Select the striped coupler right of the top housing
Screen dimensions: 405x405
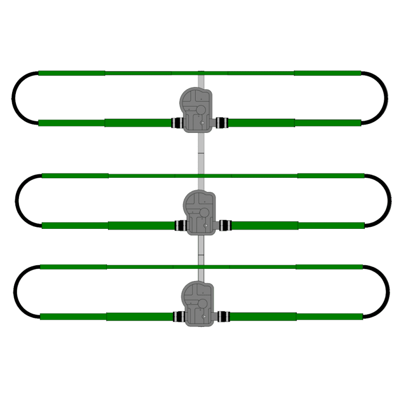click(221, 123)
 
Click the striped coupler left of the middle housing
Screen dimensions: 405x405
click(180, 226)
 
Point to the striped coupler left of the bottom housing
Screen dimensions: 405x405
click(178, 317)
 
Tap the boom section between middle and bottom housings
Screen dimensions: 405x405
click(201, 250)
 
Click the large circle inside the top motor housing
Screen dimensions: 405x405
click(200, 110)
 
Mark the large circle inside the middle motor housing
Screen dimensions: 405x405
click(202, 212)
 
